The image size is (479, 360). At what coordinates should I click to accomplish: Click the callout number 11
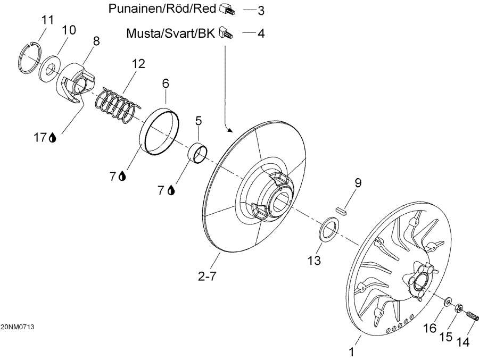(x=48, y=20)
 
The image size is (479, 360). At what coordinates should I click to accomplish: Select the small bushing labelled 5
(x=198, y=154)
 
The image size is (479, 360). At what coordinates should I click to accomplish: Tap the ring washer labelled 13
(x=329, y=229)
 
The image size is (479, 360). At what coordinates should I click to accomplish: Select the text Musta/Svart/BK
(x=170, y=34)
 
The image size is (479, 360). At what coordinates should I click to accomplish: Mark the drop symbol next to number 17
(x=53, y=138)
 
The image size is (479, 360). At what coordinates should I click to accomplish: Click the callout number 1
(x=351, y=351)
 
